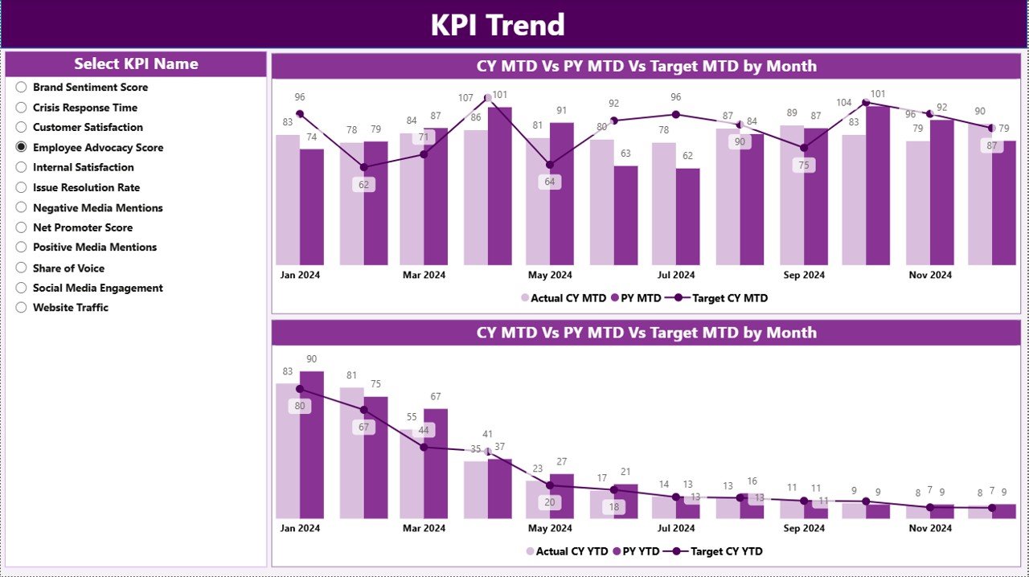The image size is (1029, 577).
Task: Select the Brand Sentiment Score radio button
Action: coord(22,88)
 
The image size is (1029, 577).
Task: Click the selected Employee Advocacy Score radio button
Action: coord(22,147)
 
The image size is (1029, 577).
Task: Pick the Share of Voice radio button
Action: coord(22,268)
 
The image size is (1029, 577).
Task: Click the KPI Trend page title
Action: coord(498,25)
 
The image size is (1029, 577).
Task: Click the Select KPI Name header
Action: coord(136,64)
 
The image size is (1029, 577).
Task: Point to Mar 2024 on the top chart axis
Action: coord(424,275)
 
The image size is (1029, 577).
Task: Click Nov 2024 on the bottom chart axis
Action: coord(930,528)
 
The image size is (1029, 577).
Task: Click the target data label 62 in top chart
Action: coord(363,184)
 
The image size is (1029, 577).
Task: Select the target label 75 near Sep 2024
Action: coord(803,165)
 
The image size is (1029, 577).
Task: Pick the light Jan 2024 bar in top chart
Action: coord(288,200)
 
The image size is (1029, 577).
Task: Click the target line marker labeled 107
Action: coord(487,98)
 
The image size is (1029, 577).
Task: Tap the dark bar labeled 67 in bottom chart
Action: coord(436,463)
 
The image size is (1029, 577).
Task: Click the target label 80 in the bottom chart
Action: coord(300,406)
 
